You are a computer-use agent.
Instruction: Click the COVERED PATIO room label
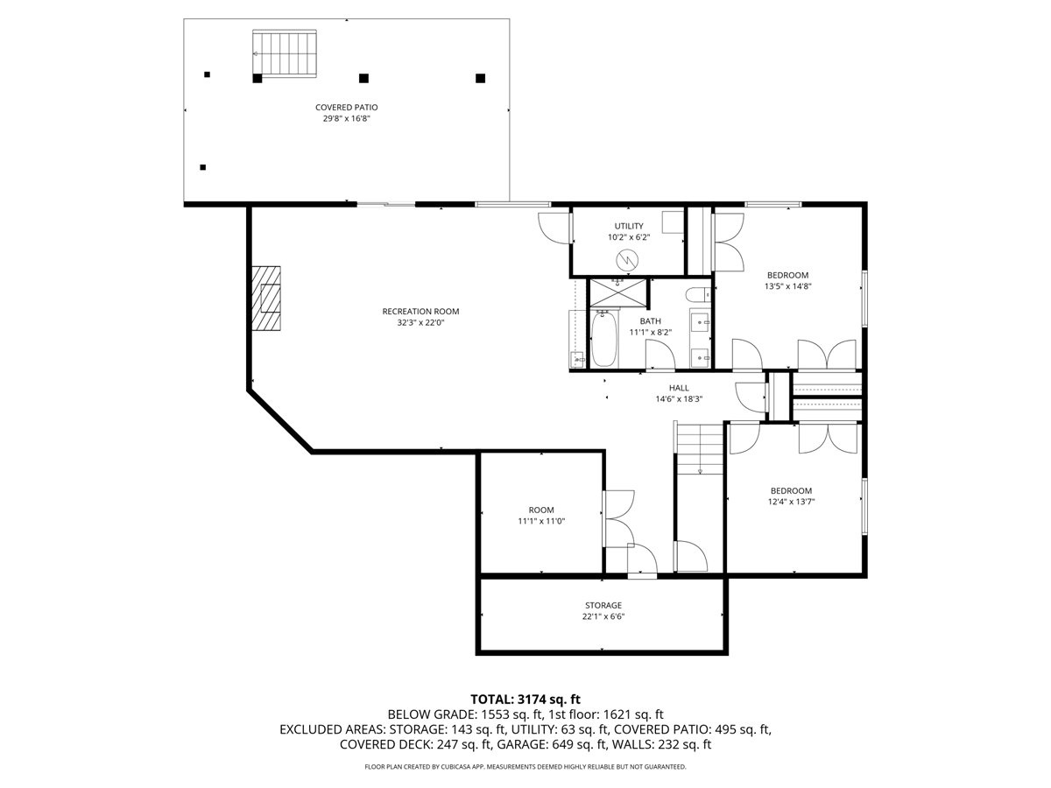tap(347, 107)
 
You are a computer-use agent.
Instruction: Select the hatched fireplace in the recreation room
tap(267, 298)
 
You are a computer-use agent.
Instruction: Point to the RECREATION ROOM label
tap(420, 311)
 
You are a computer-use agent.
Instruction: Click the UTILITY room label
tap(628, 226)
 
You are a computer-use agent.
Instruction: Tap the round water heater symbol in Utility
tap(627, 259)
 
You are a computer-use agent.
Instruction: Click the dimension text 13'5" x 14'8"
tap(788, 285)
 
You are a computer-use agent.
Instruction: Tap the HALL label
tap(679, 388)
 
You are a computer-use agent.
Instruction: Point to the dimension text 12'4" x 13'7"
tap(791, 502)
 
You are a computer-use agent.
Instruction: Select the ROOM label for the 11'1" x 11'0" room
tap(541, 510)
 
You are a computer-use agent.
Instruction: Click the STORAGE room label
tap(603, 605)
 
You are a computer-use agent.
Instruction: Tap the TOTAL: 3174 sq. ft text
tap(525, 699)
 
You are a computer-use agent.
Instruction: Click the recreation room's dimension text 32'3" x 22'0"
tap(420, 322)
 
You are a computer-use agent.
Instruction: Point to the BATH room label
tap(650, 320)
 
